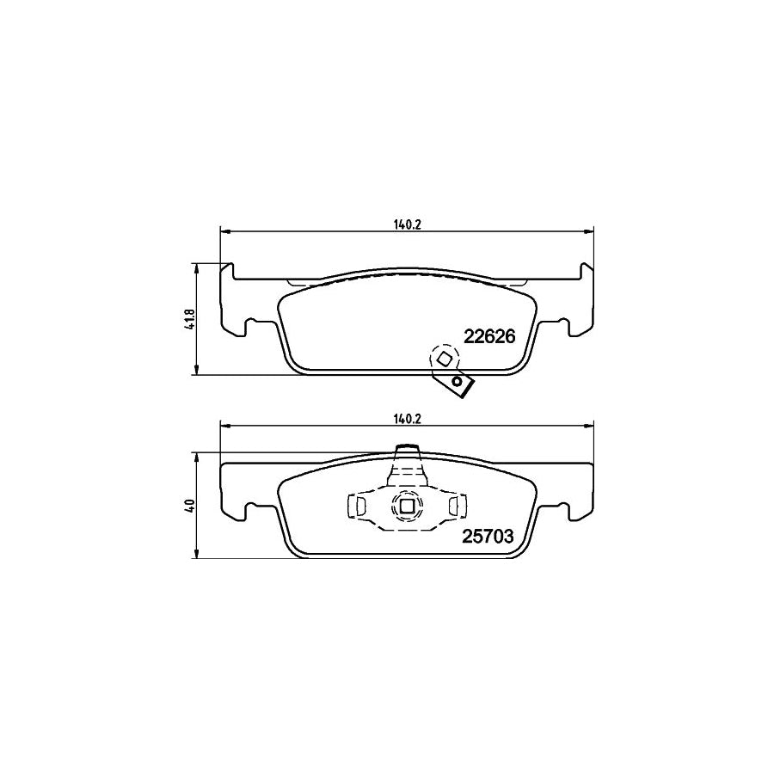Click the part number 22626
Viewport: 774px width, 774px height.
pyautogui.click(x=489, y=336)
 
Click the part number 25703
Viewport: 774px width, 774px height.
pyautogui.click(x=488, y=536)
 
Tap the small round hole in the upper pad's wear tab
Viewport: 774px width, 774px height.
pyautogui.click(x=458, y=382)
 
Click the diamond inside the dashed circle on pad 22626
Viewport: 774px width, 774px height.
pyautogui.click(x=444, y=358)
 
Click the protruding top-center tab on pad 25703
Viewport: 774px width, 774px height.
pyautogui.click(x=406, y=451)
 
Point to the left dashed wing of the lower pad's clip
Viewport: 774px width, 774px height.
pyautogui.click(x=356, y=506)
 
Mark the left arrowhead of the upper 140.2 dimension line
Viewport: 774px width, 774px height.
pyautogui.click(x=225, y=230)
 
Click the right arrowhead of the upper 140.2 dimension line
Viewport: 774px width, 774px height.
pyautogui.click(x=590, y=230)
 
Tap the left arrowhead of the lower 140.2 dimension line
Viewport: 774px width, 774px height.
pyautogui.click(x=225, y=424)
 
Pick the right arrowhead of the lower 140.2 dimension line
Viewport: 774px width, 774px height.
pyautogui.click(x=590, y=424)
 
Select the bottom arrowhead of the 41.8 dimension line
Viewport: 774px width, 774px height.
pyautogui.click(x=198, y=372)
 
